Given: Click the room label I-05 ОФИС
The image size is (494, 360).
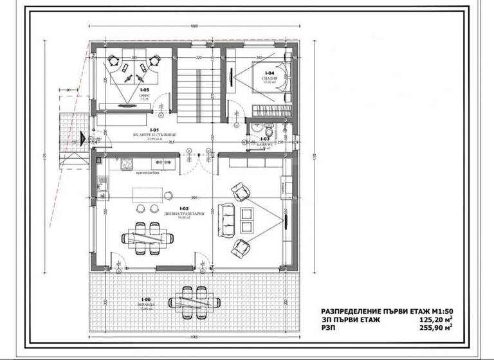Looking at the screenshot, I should coord(145,94).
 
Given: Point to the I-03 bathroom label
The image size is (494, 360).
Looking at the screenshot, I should coord(264,141).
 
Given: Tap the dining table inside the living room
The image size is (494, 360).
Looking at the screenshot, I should coord(147,238).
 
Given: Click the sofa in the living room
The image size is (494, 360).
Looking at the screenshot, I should coord(226,217).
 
